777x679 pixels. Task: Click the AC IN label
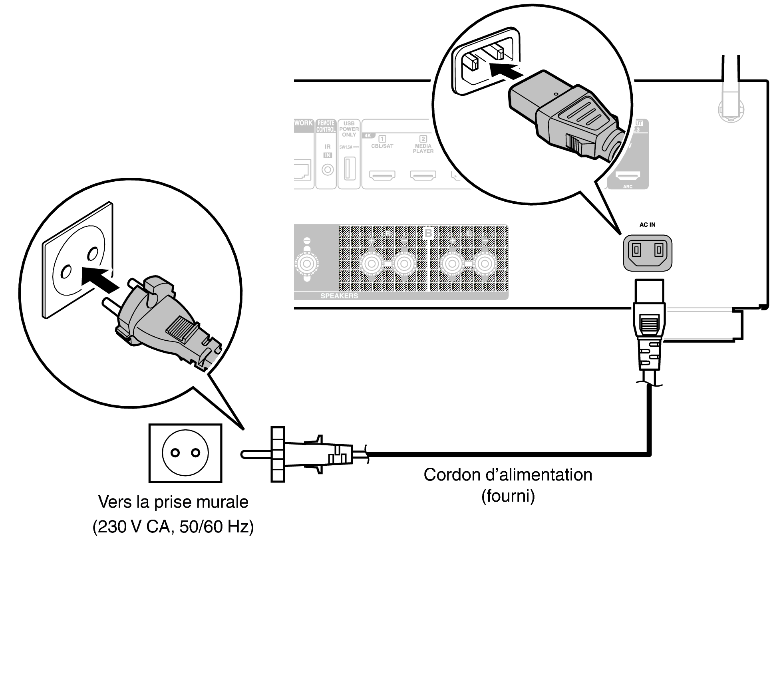pyautogui.click(x=647, y=225)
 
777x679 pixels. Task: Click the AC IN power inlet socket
pyautogui.click(x=648, y=253)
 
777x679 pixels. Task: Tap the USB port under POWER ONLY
pyautogui.click(x=349, y=169)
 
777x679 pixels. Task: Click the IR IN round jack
pyautogui.click(x=328, y=170)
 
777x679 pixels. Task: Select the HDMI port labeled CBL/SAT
pyautogui.click(x=382, y=175)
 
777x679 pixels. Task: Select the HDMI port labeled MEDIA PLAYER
pyautogui.click(x=423, y=175)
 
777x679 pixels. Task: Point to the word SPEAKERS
pyautogui.click(x=339, y=296)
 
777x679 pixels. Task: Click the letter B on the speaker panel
pyautogui.click(x=428, y=232)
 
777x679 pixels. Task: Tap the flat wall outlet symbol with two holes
pyautogui.click(x=185, y=453)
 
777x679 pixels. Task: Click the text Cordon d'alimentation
pyautogui.click(x=508, y=475)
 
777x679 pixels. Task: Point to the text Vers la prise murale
pyautogui.click(x=173, y=502)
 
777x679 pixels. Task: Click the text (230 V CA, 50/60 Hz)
pyautogui.click(x=173, y=527)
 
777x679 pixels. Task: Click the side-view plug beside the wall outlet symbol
pyautogui.click(x=304, y=455)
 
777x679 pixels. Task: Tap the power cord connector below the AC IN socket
pyautogui.click(x=649, y=328)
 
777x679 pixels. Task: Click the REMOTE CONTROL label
pyautogui.click(x=326, y=126)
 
